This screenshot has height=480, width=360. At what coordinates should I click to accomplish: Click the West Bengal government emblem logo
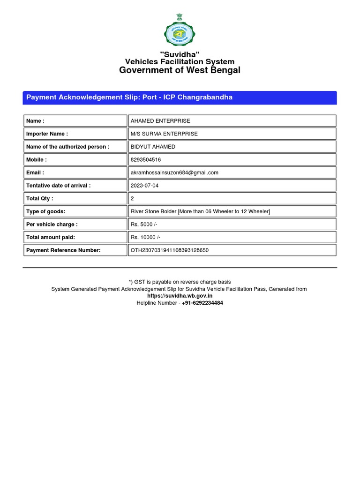180,30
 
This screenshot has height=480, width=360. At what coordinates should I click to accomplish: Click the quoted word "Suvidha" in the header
180,54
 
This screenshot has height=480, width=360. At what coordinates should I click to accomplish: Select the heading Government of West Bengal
180,70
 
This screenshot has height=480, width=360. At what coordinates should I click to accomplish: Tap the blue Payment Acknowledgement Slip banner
180,97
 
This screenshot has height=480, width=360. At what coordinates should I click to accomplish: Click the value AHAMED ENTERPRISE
160,121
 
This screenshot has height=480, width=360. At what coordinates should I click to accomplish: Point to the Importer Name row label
47,134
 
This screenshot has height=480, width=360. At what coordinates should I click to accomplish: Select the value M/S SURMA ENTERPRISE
164,134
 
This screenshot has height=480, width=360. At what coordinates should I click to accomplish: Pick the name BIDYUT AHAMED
153,147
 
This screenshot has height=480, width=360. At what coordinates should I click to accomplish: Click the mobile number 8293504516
146,160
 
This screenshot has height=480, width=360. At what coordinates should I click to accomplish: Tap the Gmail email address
174,172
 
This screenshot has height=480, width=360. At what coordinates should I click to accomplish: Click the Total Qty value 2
132,199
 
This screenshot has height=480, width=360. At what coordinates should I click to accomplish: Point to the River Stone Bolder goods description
200,211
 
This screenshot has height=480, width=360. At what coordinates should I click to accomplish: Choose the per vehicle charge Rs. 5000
144,225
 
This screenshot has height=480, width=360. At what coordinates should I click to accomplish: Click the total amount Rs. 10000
145,238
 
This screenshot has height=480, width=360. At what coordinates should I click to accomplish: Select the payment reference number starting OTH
170,250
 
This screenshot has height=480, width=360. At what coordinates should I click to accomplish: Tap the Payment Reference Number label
63,250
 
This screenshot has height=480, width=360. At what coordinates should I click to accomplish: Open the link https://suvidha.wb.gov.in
180,296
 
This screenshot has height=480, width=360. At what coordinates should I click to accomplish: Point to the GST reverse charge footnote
180,282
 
